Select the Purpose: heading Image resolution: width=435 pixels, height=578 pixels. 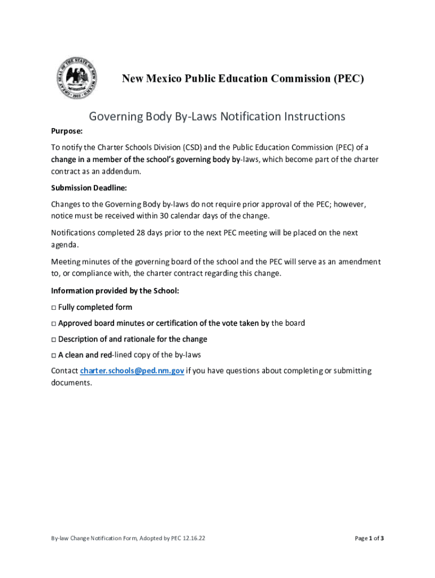(67, 132)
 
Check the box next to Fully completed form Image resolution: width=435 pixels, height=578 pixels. (53, 308)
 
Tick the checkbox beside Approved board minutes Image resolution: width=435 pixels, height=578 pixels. (53, 323)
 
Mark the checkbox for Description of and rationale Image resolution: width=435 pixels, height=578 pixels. (53, 339)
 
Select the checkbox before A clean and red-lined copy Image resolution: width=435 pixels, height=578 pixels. (53, 355)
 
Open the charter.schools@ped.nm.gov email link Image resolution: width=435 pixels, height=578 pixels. (132, 371)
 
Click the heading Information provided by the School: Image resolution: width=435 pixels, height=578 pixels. (115, 291)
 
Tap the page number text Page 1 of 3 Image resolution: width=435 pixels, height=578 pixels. (369, 538)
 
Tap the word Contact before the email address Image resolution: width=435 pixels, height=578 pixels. (64, 371)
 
